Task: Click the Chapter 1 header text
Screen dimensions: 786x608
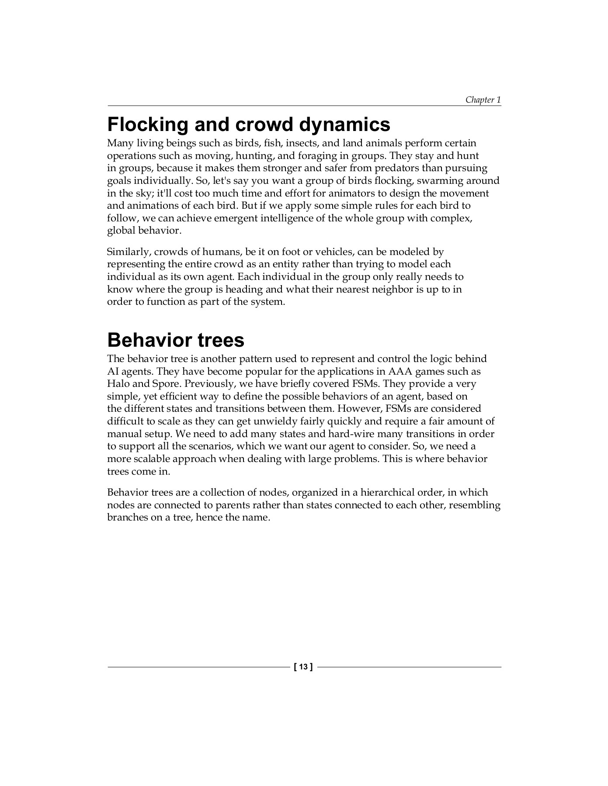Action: coord(483,100)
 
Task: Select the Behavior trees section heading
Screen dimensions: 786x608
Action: coord(175,340)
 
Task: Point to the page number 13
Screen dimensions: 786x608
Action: coord(304,667)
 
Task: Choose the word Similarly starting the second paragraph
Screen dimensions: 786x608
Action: coord(128,252)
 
